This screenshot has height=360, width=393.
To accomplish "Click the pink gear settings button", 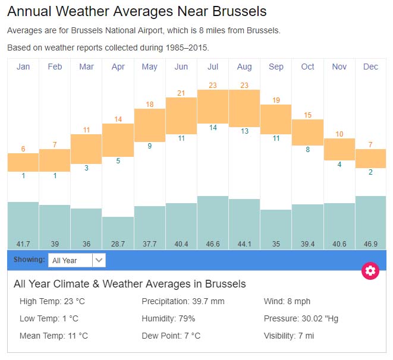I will click(370, 271).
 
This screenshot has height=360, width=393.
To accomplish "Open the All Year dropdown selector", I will click(77, 260).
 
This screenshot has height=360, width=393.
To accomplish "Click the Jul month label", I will click(213, 67).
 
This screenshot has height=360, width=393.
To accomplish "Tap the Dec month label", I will click(370, 67).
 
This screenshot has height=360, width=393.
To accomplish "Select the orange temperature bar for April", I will click(118, 140).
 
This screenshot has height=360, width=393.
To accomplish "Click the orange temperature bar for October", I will click(307, 132).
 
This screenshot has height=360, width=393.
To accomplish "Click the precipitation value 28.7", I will click(118, 244).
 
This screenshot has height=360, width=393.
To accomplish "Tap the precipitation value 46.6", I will click(213, 244).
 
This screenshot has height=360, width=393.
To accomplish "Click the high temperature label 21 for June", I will click(181, 93).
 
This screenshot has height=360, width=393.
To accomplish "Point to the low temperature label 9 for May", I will click(150, 146).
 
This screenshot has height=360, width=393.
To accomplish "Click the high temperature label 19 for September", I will click(276, 100).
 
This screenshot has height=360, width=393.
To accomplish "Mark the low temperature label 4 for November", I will click(339, 165).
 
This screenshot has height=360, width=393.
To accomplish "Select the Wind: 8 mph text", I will click(287, 302).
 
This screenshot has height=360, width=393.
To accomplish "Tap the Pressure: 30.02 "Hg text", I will click(301, 319).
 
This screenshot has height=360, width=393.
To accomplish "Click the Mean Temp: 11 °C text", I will click(54, 336).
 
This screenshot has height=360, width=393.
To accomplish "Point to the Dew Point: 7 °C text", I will click(171, 336).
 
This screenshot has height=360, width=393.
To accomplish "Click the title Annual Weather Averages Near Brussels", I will click(137, 11).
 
